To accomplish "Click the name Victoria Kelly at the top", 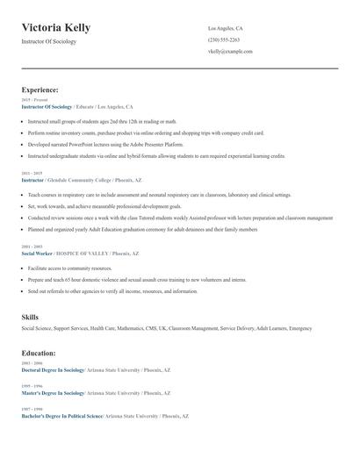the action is pyautogui.click(x=55, y=28).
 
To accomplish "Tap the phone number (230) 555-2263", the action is pyautogui.click(x=224, y=39).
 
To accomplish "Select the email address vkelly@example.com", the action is pyautogui.click(x=230, y=51).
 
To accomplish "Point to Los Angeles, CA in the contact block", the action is pyautogui.click(x=226, y=28).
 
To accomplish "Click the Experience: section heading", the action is pyautogui.click(x=40, y=89).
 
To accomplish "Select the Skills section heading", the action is pyautogui.click(x=30, y=316).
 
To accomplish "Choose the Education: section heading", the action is pyautogui.click(x=39, y=353).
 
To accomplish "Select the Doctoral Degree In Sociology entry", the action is pyautogui.click(x=52, y=370).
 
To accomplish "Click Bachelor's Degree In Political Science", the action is pyautogui.click(x=61, y=414).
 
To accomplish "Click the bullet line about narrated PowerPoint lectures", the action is pyautogui.click(x=105, y=144).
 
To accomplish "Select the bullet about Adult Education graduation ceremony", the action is pyautogui.click(x=142, y=229).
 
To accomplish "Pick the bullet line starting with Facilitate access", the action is pyautogui.click(x=70, y=268).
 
